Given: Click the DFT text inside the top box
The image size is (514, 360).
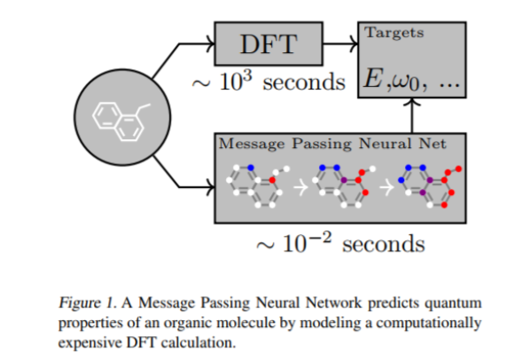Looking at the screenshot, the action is point(269,44).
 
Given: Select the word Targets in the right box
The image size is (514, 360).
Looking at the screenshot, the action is point(394,33).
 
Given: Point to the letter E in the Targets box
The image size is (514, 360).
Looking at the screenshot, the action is point(374,78).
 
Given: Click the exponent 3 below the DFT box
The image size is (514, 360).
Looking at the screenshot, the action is point(248,76).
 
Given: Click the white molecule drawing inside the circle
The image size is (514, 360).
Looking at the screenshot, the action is point(121,121).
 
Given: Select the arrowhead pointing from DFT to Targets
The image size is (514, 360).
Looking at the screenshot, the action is point(354,43).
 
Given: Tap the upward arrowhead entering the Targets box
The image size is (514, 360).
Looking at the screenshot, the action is point(412,102).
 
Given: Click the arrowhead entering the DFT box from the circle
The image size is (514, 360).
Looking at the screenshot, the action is point(210,43).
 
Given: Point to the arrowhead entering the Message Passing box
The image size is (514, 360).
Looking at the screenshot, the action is point(210,187).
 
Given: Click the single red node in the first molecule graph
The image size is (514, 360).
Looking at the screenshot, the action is point(272,180).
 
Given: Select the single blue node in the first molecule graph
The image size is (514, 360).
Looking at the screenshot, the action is point(251,168).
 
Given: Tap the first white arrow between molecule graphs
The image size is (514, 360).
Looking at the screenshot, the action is point(300,188).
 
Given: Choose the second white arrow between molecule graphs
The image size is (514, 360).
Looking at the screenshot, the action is point(386,188).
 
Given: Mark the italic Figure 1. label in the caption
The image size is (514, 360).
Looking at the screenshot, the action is point(88,303).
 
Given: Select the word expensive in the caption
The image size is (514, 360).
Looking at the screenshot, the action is point(90,343).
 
